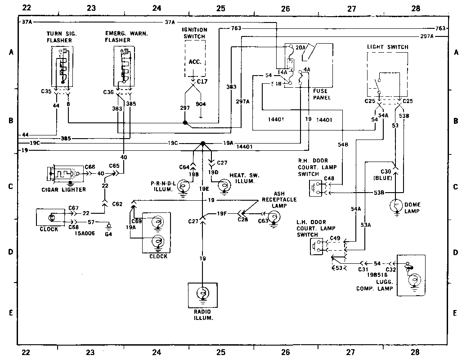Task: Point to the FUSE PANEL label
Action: click(322, 94)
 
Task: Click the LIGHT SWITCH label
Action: click(387, 47)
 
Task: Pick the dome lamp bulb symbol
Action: click(396, 206)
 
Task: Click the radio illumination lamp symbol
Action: click(202, 293)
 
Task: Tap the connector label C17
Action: click(202, 82)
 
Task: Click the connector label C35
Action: click(46, 91)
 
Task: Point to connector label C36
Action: click(108, 92)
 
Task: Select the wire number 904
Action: click(201, 104)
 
